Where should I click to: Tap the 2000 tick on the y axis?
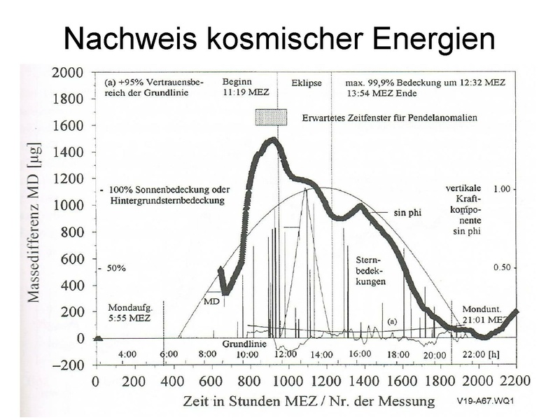[70, 72]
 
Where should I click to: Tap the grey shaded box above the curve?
[272, 117]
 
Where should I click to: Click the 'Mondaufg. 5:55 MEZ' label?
[134, 312]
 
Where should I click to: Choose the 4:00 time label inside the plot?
[127, 355]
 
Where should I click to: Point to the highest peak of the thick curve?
[270, 140]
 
